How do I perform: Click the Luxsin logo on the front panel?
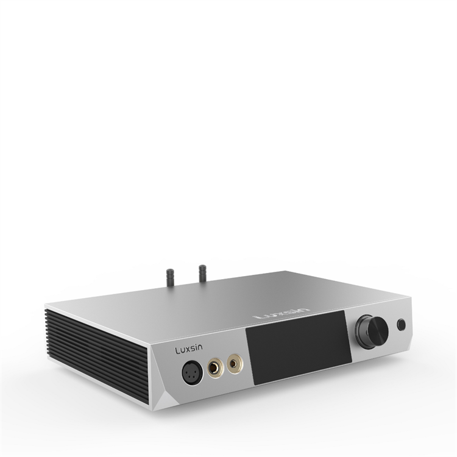[189, 349]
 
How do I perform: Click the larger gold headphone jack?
[216, 368]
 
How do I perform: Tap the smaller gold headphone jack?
[235, 363]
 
